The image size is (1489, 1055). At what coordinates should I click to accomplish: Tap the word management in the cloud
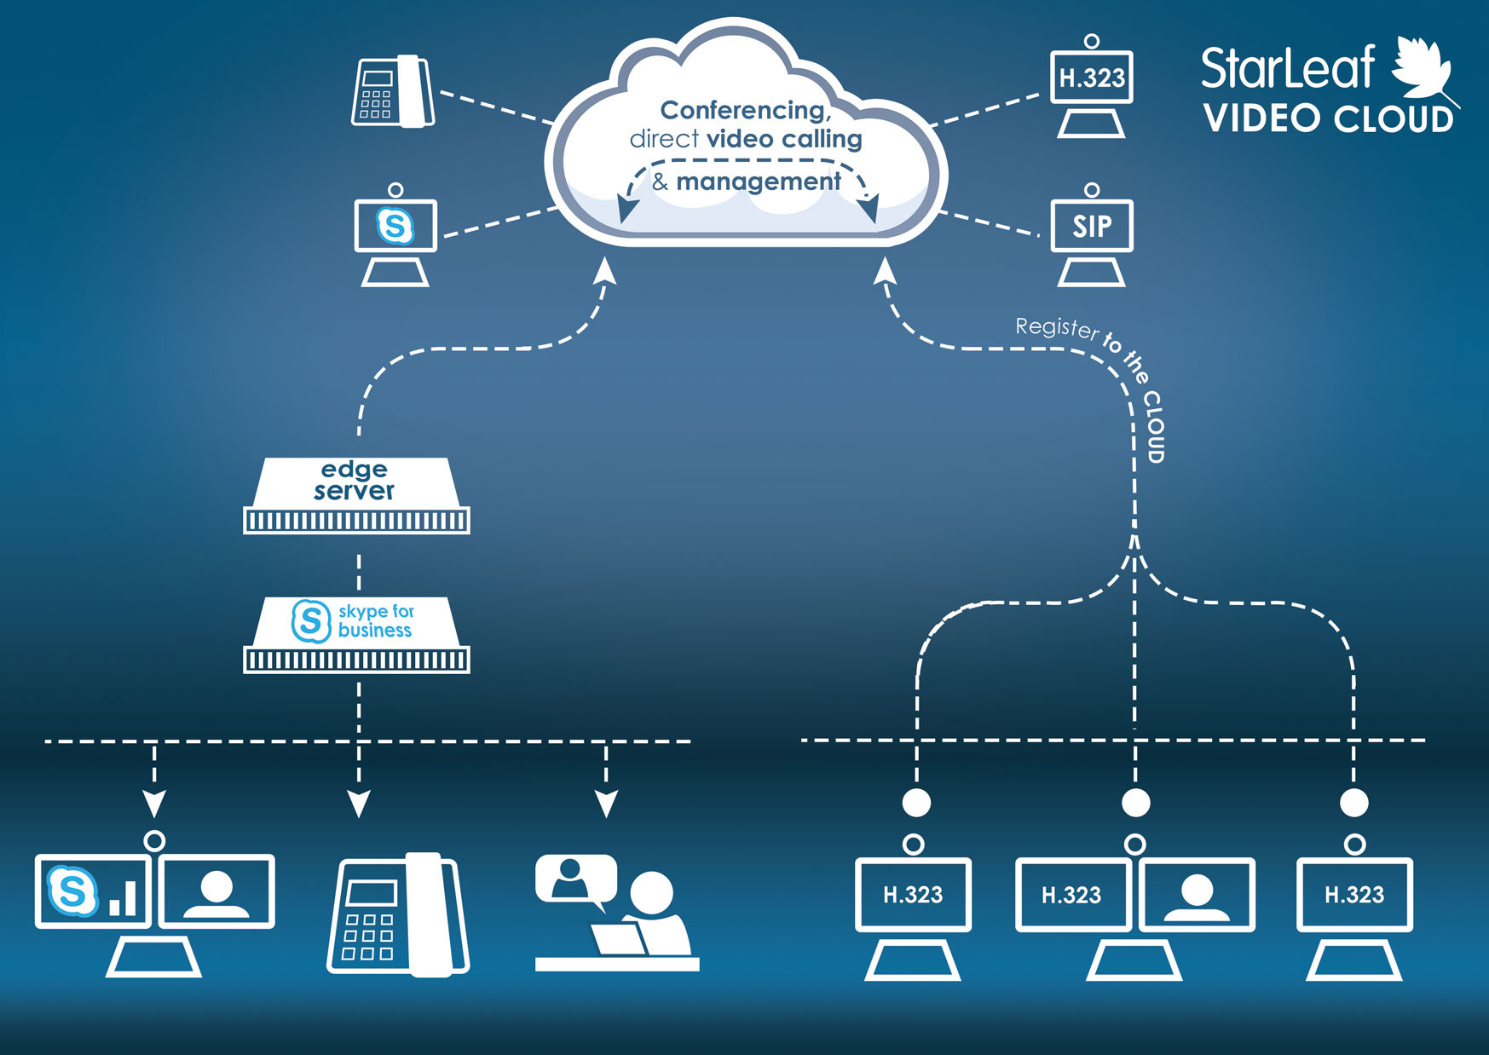[x=758, y=182]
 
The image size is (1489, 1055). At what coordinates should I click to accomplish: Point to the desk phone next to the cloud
[x=393, y=92]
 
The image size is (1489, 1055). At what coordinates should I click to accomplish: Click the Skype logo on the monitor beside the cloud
[x=395, y=226]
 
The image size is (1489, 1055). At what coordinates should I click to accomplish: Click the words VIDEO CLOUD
[x=1328, y=119]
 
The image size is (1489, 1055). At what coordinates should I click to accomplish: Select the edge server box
[x=356, y=495]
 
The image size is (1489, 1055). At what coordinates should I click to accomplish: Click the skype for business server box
[x=356, y=634]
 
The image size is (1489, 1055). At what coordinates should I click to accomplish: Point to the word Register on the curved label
[x=1056, y=327]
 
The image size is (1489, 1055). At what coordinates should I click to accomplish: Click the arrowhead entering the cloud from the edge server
[x=605, y=271]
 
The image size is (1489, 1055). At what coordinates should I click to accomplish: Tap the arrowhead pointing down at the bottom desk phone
[x=359, y=803]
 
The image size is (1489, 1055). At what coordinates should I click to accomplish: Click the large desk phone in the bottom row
[x=398, y=914]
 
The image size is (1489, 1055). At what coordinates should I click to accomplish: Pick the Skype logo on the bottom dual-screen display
[x=72, y=891]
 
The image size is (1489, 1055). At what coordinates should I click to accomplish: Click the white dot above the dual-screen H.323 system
[x=1135, y=802]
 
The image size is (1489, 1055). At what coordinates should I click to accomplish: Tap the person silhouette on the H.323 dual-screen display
[x=1197, y=895]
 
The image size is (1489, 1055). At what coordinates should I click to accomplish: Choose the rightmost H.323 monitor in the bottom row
[x=1354, y=895]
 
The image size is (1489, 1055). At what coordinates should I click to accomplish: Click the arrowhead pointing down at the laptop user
[x=606, y=803]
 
